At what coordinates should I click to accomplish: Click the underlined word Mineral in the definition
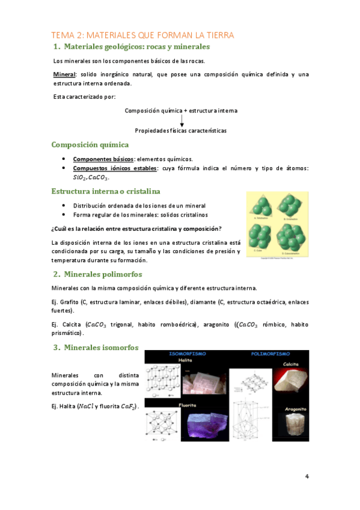coord(63,75)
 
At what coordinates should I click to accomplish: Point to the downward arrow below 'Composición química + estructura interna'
coord(182,120)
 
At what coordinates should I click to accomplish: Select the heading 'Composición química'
coord(89,145)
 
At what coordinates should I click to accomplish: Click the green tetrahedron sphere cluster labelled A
coord(263,207)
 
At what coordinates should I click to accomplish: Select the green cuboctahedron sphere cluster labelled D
coord(293,240)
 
